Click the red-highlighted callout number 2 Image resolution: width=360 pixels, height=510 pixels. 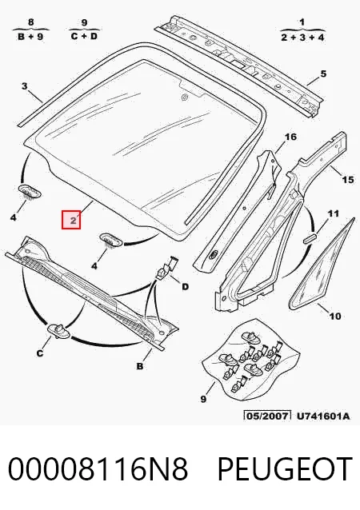(x=71, y=220)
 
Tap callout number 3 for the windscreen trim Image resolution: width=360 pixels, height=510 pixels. (x=25, y=86)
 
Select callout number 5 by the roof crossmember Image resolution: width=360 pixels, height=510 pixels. (x=323, y=74)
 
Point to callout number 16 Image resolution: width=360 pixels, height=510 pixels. (x=290, y=137)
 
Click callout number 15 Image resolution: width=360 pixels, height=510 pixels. (x=348, y=179)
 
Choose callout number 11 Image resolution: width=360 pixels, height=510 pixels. (x=333, y=213)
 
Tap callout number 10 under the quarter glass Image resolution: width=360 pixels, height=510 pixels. (x=335, y=316)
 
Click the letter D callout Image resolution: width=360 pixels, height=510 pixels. (x=185, y=286)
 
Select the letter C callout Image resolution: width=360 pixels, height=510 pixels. (x=40, y=353)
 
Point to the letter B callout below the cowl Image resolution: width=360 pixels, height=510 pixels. (x=140, y=366)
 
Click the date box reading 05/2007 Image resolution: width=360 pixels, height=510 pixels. (x=267, y=416)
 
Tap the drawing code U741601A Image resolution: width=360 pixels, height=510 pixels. (x=323, y=416)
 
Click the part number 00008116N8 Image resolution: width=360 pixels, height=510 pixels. (x=98, y=468)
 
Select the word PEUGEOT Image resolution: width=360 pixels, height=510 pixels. (x=285, y=468)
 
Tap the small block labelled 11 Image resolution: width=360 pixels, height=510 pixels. (x=310, y=238)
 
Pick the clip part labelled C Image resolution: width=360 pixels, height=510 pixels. (x=58, y=331)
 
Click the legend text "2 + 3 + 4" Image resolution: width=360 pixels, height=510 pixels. (x=302, y=37)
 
